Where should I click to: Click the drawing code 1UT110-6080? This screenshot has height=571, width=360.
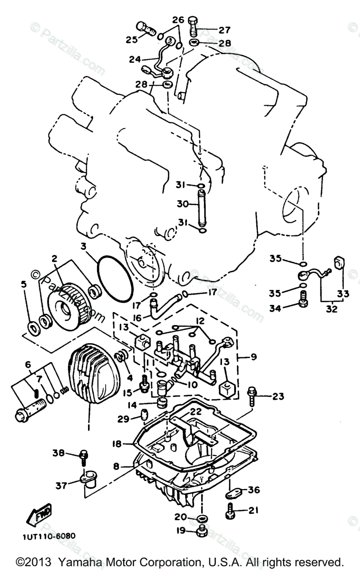(x=49, y=536)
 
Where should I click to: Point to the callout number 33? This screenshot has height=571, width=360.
(x=342, y=294)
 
